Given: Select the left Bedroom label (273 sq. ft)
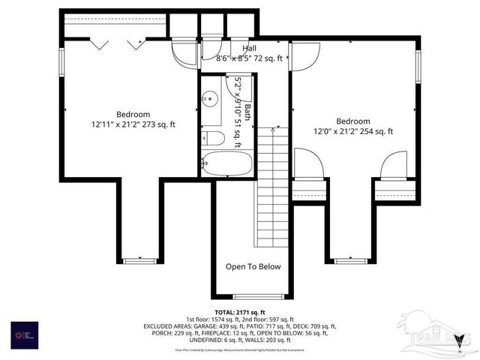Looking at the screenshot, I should (133, 115).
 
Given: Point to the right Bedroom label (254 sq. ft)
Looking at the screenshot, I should (352, 121).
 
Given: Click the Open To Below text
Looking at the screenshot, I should (253, 266).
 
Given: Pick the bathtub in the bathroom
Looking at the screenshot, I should (228, 164).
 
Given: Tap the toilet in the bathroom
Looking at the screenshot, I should (214, 138).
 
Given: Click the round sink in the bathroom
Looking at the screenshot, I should (210, 97).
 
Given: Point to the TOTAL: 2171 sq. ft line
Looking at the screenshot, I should (240, 312).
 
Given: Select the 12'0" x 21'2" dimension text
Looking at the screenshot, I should (352, 131).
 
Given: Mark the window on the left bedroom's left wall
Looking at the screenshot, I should (62, 59).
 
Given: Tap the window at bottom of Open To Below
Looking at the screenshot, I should (253, 296).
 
